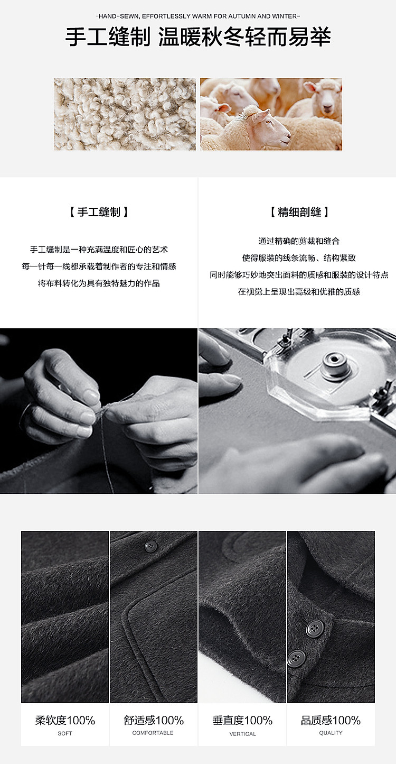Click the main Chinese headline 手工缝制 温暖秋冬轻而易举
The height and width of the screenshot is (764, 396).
pyautogui.click(x=198, y=37)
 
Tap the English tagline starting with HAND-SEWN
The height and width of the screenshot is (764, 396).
pyautogui.click(x=198, y=16)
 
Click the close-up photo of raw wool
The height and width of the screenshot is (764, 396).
pyautogui.click(x=125, y=114)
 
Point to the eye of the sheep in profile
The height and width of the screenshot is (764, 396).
pyautogui.click(x=267, y=122)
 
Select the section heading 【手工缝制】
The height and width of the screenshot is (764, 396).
pyautogui.click(x=99, y=212)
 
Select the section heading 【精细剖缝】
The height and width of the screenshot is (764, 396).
pyautogui.click(x=299, y=212)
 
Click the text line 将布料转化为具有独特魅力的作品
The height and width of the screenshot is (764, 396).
pyautogui.click(x=99, y=283)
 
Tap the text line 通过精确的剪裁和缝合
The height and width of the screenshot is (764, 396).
pyautogui.click(x=299, y=241)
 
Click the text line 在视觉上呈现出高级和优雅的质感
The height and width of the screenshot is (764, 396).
pyautogui.click(x=299, y=292)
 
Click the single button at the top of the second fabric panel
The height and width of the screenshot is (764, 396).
pyautogui.click(x=151, y=546)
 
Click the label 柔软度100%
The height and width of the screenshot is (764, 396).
pyautogui.click(x=65, y=720)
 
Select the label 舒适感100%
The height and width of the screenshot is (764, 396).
pyautogui.click(x=153, y=720)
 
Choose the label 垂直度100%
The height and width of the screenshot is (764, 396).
pyautogui.click(x=242, y=720)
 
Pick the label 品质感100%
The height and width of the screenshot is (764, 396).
pyautogui.click(x=331, y=720)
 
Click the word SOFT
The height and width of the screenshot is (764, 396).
pyautogui.click(x=65, y=733)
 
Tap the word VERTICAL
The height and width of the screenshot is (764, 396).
pyautogui.click(x=242, y=734)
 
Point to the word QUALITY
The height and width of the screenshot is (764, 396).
pyautogui.click(x=331, y=733)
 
